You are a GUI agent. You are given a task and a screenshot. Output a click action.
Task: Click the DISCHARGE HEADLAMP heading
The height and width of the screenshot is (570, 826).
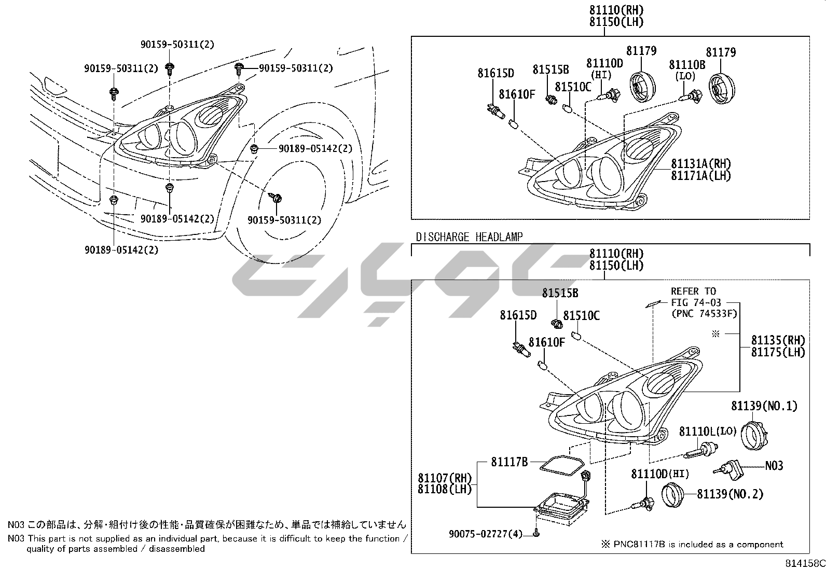point(469,237)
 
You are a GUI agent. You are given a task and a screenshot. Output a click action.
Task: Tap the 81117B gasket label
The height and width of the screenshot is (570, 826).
point(509,462)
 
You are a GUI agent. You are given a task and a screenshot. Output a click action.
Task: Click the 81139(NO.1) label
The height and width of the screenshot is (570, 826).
point(764,406)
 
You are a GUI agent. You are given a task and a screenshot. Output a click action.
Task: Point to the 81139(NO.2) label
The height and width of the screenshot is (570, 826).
point(730,494)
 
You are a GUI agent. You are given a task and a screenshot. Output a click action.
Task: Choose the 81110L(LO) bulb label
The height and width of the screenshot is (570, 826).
point(708,431)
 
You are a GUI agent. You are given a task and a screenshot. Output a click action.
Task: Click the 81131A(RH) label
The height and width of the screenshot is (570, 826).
point(700,163)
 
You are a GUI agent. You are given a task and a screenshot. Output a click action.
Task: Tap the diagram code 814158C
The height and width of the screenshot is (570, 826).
point(804,563)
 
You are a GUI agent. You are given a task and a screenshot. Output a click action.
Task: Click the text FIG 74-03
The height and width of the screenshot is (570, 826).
point(696,302)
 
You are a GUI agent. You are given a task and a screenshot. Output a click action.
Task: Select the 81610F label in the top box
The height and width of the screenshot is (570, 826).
point(517,94)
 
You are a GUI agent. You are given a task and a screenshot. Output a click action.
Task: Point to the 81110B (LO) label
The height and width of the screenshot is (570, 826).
point(687,64)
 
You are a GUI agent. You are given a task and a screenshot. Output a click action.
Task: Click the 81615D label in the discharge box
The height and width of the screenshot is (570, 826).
point(518,315)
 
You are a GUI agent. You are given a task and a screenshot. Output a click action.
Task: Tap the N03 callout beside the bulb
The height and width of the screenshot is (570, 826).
point(774,466)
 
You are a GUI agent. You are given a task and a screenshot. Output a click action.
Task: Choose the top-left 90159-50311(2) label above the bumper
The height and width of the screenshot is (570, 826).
point(121,68)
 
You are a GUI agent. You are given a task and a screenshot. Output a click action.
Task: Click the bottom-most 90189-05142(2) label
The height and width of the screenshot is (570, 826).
point(121,250)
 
